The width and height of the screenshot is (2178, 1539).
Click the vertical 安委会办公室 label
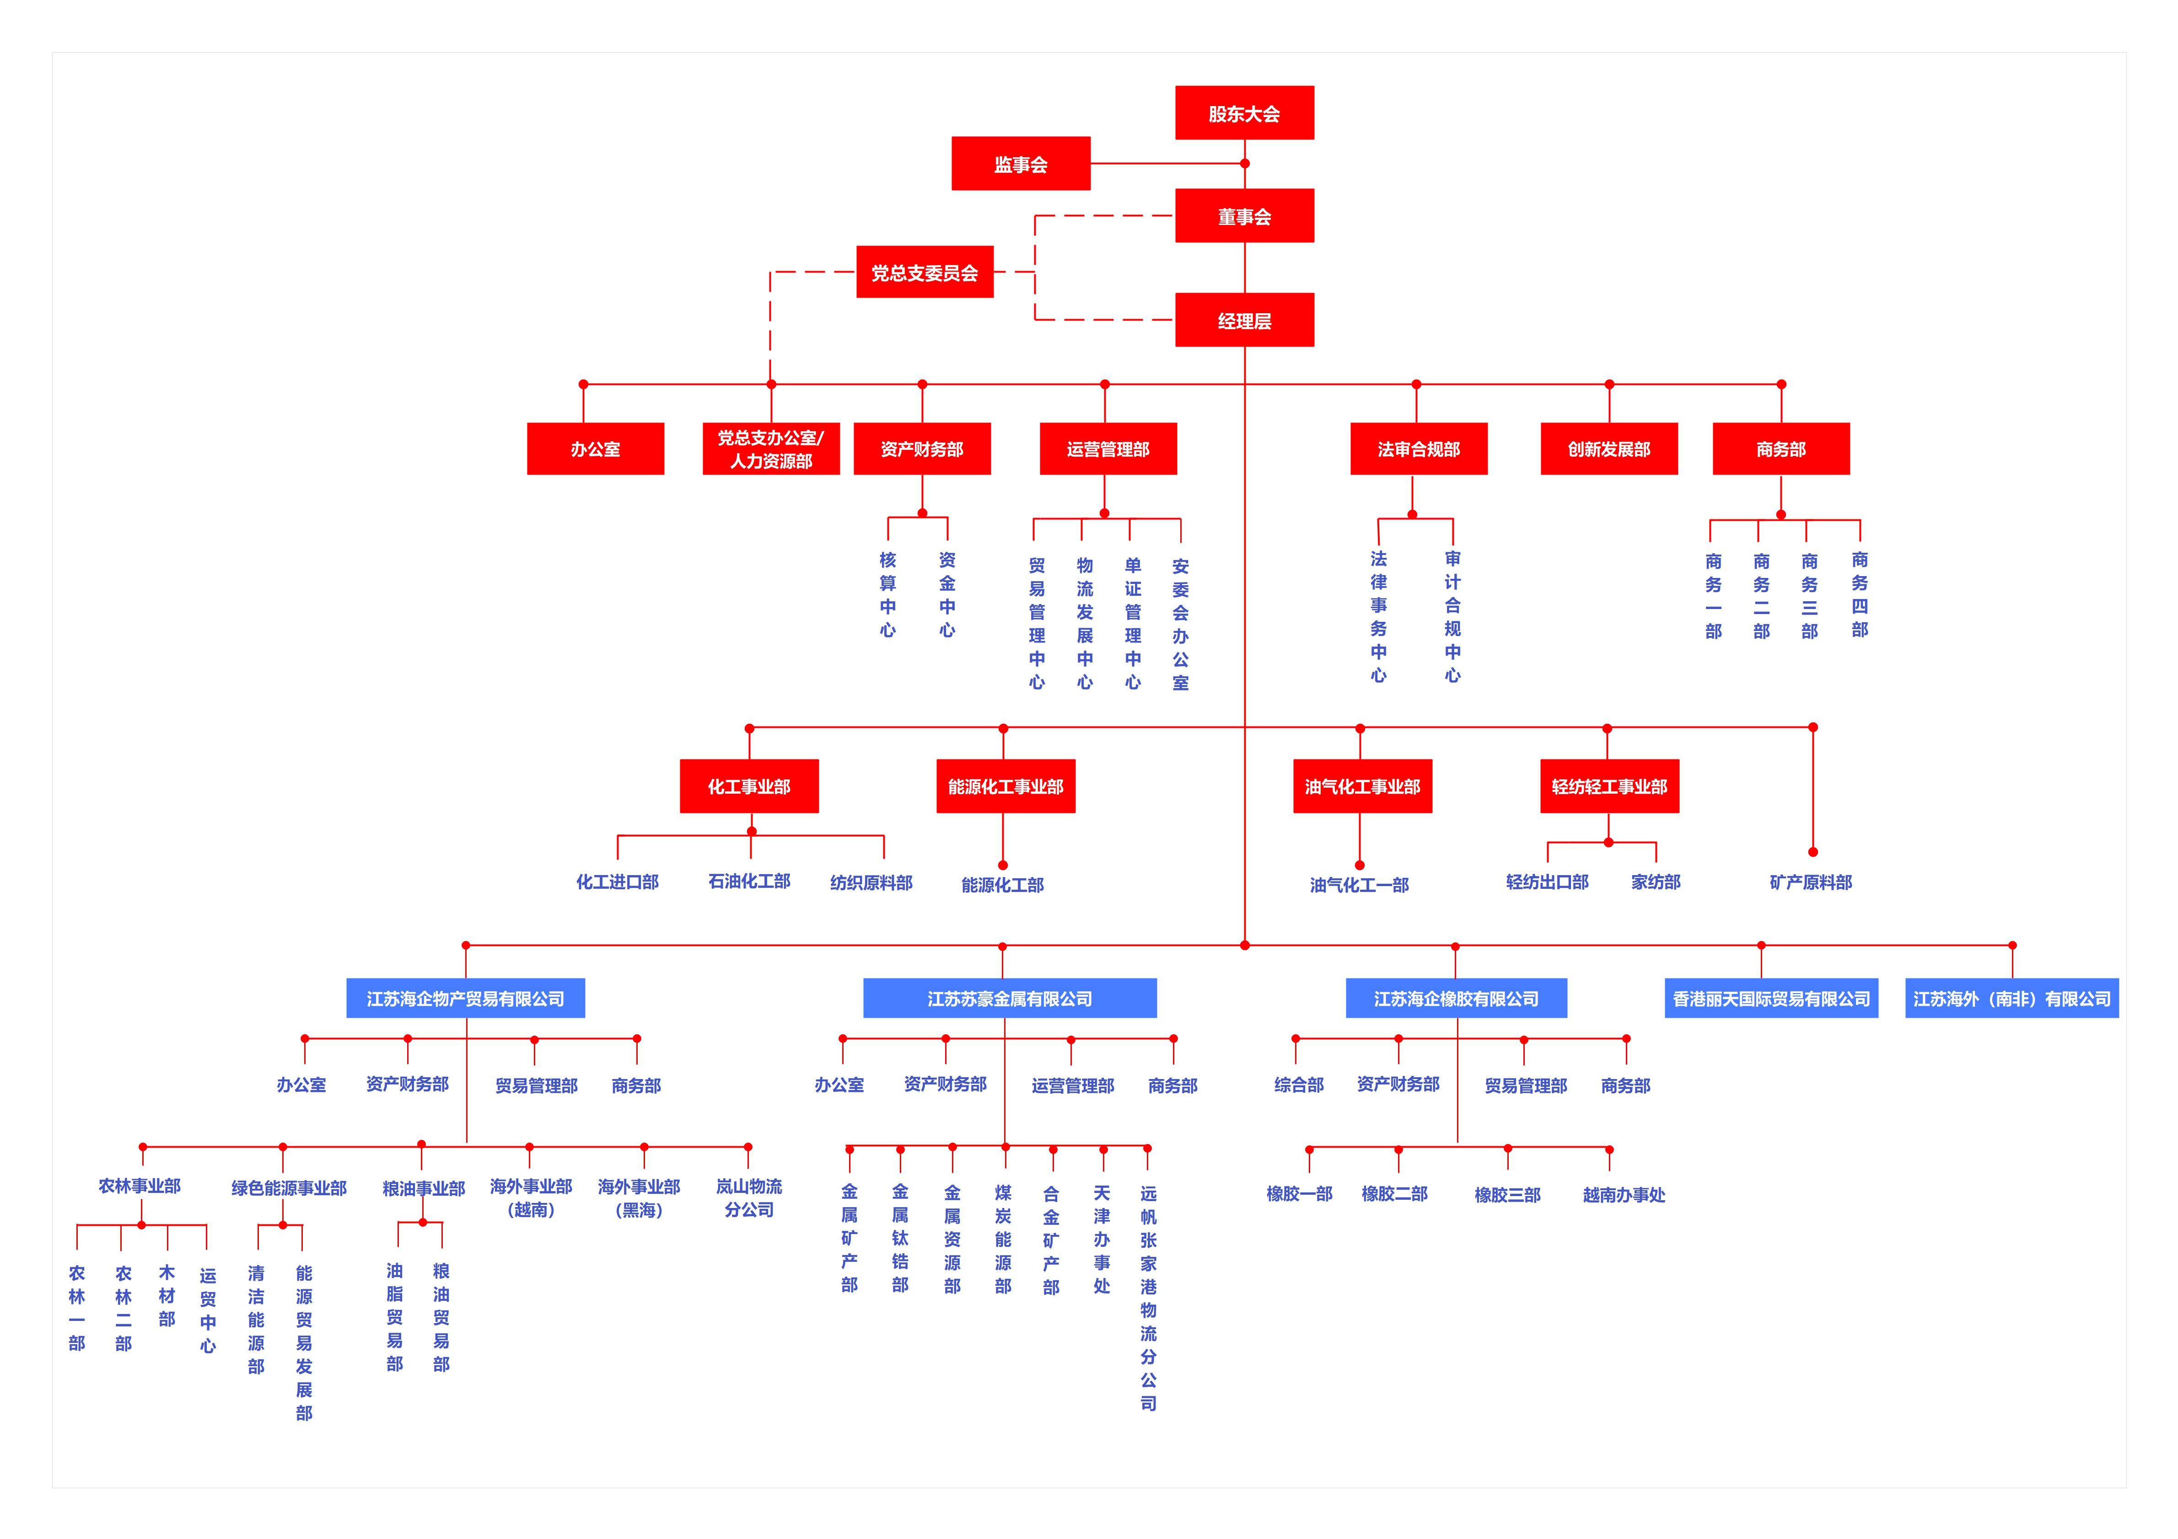[1180, 624]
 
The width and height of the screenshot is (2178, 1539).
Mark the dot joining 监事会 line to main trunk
[1245, 163]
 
